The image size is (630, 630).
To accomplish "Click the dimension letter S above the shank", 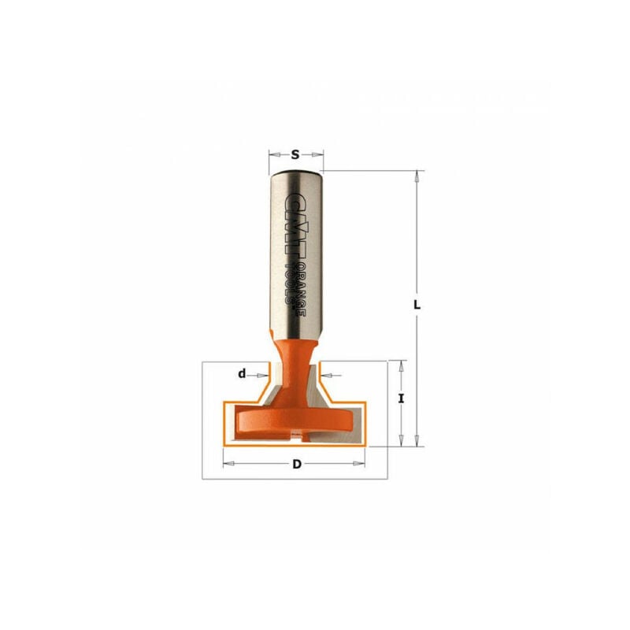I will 295,154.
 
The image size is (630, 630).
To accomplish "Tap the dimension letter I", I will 402,399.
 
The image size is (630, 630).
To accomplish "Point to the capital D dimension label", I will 296,464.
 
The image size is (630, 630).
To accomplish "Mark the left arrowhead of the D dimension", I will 228,464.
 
